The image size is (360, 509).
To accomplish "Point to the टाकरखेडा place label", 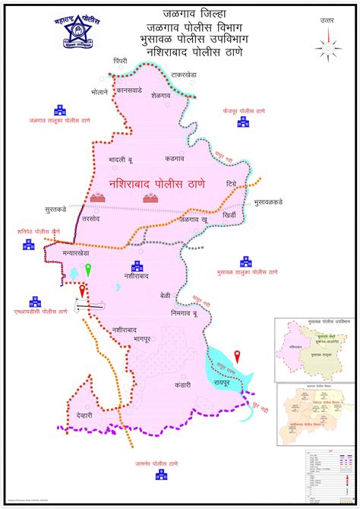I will point(184,76).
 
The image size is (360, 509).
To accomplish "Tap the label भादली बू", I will point(121,160).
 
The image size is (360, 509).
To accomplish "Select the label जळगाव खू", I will point(194,219).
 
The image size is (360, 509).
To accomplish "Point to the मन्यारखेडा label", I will point(81,251).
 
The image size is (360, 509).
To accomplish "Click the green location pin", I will point(88,268).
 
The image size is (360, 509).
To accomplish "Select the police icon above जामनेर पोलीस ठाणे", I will point(161,475).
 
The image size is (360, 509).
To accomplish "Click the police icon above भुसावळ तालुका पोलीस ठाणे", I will point(245,260).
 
